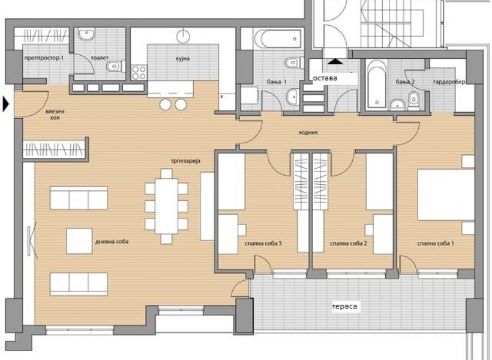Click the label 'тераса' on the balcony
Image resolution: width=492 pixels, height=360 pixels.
[344, 306]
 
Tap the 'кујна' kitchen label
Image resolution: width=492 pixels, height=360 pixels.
[182, 59]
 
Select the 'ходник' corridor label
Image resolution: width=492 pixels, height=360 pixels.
[308, 133]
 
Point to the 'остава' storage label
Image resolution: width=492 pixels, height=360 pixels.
[325, 78]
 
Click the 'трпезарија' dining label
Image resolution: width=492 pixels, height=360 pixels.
[185, 161]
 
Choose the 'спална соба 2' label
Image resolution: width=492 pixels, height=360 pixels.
[349, 243]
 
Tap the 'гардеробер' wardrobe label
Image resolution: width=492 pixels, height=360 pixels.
[449, 82]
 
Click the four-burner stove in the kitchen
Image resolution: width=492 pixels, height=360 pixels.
[139, 73]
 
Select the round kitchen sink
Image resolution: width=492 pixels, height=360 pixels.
[183, 37]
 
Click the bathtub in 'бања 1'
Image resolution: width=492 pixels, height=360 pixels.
[278, 39]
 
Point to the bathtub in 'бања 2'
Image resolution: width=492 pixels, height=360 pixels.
[377, 84]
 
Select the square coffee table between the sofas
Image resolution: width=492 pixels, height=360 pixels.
[79, 241]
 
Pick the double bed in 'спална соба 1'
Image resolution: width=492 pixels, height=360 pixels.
[446, 194]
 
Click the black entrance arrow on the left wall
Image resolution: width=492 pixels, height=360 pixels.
[6, 104]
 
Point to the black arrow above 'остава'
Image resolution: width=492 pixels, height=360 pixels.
[335, 61]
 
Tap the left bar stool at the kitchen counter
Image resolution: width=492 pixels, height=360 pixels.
[166, 104]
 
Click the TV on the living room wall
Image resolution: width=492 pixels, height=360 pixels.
[31, 240]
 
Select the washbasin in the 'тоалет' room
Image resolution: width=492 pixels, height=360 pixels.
[86, 35]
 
